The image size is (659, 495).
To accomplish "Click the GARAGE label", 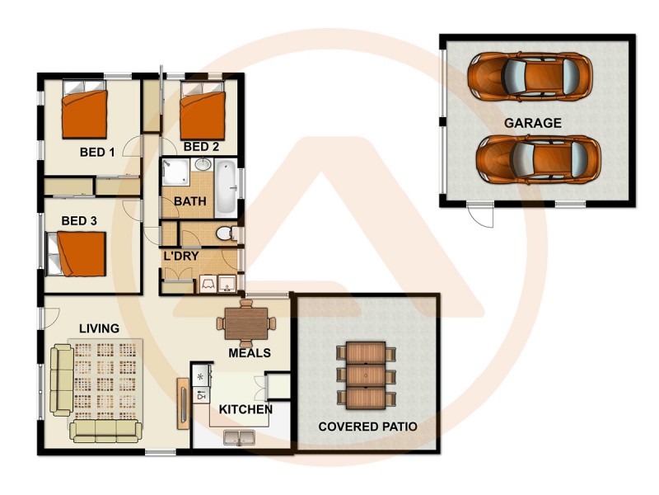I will pos(533,123).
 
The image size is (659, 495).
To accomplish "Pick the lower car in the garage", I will pos(538,159).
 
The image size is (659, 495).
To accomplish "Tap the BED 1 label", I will pos(97,152).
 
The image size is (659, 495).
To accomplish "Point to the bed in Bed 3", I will pos(81,253).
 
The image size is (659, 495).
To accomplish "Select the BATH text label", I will pos(189,200).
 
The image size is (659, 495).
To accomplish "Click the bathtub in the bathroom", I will pos(226,189).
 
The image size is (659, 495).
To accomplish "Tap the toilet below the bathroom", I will pos(224,235).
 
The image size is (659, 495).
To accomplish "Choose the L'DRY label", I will pos(180,257).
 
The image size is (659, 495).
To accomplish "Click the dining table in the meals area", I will pos(246,323).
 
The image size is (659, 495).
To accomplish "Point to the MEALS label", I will pos(250,353).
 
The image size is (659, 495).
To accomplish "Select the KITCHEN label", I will pos(245,409).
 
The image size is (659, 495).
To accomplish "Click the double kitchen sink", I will pos(238,437).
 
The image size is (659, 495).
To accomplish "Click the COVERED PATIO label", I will pos(367,427).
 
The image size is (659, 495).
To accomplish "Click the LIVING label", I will pos(99,328).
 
